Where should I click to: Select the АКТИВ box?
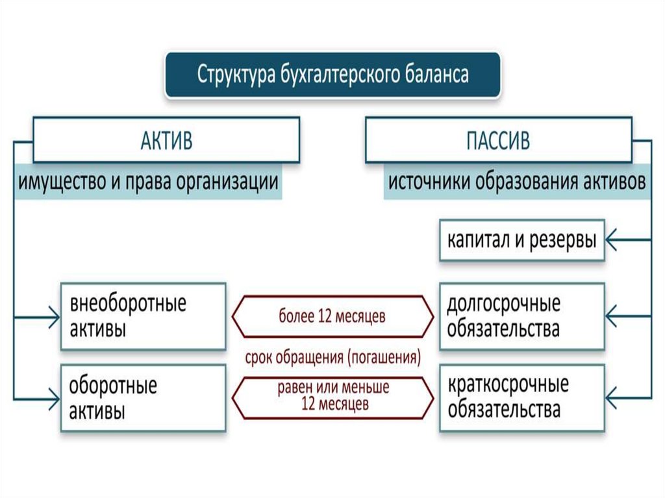click(166, 140)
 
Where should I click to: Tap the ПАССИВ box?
click(498, 140)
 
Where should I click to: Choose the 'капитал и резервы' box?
click(521, 241)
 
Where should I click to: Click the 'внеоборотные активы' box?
click(143, 316)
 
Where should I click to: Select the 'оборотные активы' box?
click(143, 397)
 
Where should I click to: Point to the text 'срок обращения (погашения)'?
click(332, 357)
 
